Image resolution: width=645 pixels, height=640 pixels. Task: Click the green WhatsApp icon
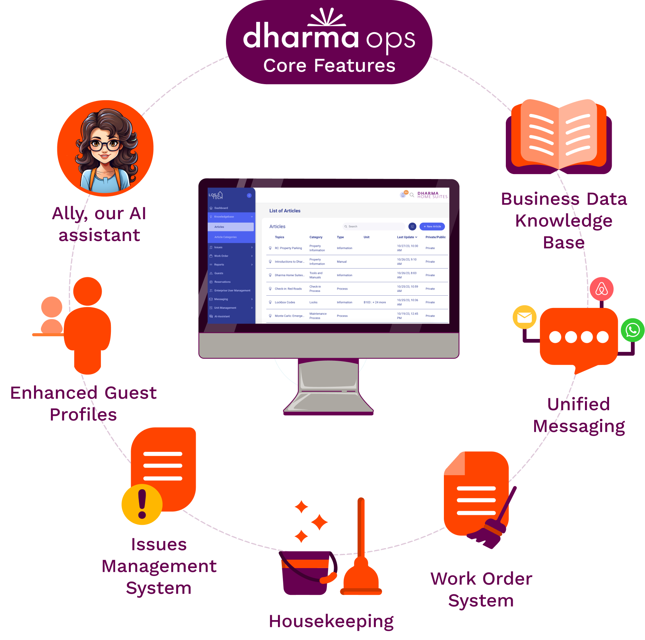tap(632, 330)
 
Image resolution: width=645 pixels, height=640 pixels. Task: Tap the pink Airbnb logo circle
tap(601, 289)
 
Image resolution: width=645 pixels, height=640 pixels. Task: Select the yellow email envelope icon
tap(525, 317)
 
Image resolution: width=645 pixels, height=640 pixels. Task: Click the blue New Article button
tap(432, 226)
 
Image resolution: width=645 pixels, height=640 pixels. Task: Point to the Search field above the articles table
tap(374, 226)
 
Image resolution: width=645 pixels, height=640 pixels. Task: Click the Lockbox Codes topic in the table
tap(285, 302)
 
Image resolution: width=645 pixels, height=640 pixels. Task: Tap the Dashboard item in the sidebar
tap(221, 208)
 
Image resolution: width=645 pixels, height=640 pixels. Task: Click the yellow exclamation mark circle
tap(142, 505)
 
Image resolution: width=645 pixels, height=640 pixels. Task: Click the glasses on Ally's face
tap(104, 145)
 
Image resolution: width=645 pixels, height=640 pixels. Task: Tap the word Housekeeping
tap(331, 621)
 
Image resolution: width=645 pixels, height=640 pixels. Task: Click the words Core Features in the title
tap(329, 65)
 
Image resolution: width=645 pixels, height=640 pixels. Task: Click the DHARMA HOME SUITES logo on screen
tap(432, 195)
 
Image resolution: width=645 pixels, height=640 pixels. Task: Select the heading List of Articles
tap(284, 211)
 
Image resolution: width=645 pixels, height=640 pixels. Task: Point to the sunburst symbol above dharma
tap(328, 17)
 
